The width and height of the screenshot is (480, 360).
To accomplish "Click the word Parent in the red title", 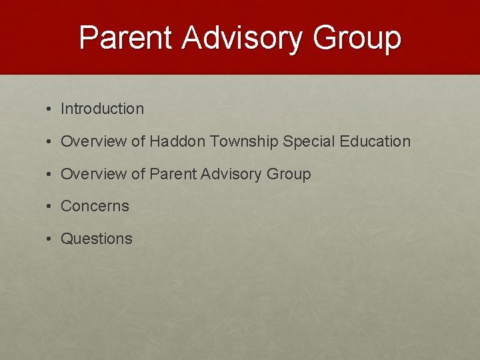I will [126, 37].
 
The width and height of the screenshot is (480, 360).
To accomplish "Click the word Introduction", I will [102, 109].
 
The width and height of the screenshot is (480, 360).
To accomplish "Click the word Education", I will [375, 141].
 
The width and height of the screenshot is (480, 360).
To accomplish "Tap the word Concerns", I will [95, 206].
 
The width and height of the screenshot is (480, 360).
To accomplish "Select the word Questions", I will [97, 239].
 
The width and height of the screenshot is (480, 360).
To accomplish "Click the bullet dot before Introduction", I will [50, 109].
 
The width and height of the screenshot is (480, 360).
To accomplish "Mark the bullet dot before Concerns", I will [50, 207].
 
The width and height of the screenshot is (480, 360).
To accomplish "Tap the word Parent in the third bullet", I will [171, 174].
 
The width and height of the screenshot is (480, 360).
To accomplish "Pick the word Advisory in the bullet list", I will [229, 174].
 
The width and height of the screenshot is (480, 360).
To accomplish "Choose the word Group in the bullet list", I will [289, 174].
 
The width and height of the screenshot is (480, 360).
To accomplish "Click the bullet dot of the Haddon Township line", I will [50, 142].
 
